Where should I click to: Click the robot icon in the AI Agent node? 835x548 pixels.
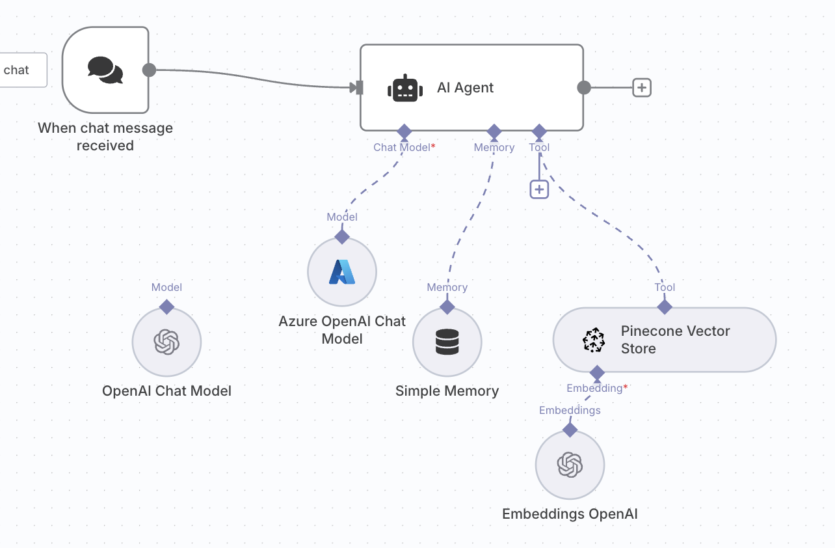(404, 88)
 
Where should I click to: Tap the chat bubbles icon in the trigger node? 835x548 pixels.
(105, 70)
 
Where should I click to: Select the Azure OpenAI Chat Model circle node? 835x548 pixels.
(342, 272)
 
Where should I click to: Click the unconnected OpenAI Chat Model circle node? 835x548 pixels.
(166, 342)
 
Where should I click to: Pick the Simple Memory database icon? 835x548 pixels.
(447, 342)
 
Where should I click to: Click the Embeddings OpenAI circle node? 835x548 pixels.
(570, 465)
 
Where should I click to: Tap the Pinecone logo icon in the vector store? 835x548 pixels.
(593, 340)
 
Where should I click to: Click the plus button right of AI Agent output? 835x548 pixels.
(642, 87)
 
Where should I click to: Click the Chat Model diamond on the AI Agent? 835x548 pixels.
(404, 130)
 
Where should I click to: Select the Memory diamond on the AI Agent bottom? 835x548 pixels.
(494, 130)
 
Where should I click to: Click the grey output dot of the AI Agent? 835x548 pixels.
(584, 87)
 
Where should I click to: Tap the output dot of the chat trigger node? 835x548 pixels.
(149, 70)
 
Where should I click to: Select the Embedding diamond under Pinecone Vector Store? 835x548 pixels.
(597, 373)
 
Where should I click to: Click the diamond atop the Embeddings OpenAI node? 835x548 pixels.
(570, 430)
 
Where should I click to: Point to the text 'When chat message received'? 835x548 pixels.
(105, 137)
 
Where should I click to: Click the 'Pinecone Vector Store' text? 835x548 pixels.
(675, 340)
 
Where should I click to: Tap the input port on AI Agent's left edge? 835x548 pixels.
(356, 87)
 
